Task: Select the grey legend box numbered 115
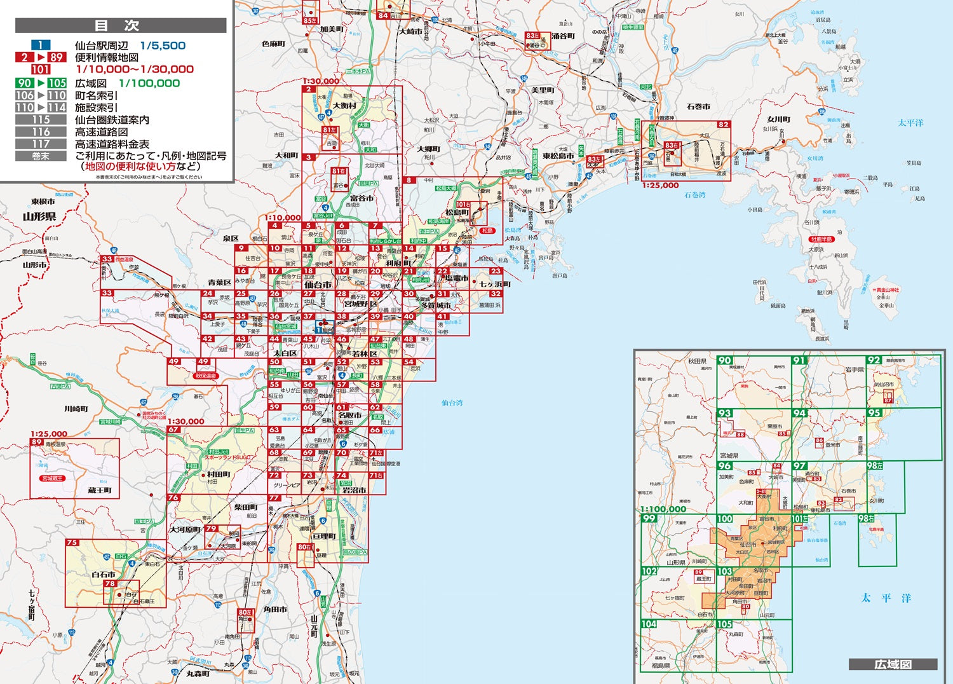41,120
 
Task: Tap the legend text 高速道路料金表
112,144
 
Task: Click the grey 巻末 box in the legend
41,156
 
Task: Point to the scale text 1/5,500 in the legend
163,45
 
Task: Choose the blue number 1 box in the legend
41,45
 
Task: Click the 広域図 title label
893,664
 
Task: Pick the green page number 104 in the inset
649,624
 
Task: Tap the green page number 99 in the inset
649,518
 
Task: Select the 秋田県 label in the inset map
697,361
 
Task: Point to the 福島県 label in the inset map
661,666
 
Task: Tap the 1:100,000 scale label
663,509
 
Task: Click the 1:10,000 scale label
283,217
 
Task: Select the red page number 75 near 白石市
72,543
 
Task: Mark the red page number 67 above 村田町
173,430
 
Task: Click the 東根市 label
43,202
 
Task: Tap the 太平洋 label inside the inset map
886,598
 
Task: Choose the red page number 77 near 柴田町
274,498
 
